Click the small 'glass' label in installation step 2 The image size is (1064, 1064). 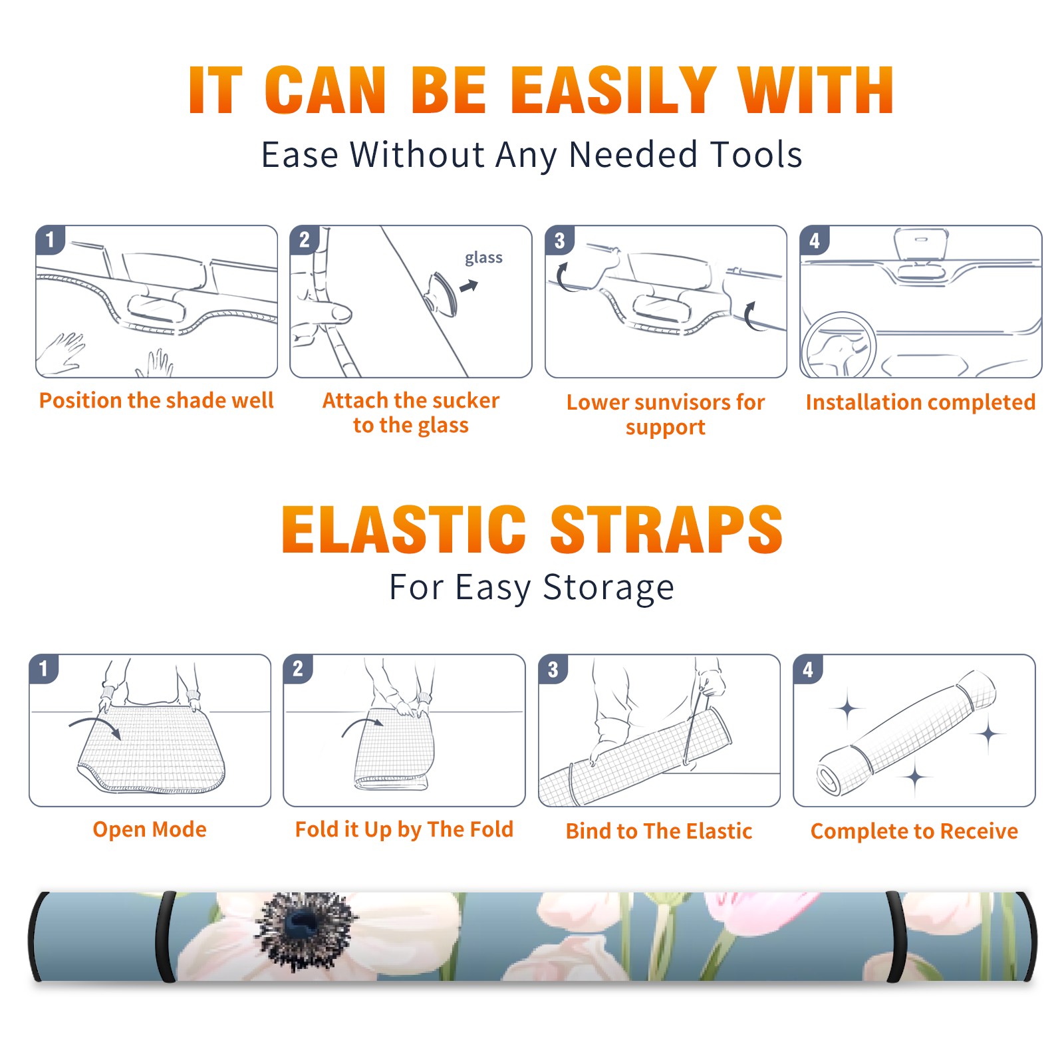[483, 258]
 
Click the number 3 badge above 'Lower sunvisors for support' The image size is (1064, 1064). [559, 240]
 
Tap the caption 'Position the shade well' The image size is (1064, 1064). [156, 400]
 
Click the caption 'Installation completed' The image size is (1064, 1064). [920, 402]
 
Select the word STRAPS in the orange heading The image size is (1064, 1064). [666, 529]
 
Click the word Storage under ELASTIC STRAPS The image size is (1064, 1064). [608, 588]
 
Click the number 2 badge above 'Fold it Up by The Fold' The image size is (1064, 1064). [297, 668]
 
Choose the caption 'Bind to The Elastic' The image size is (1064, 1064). [659, 831]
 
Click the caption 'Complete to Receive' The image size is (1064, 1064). [914, 831]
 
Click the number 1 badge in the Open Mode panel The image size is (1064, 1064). [43, 668]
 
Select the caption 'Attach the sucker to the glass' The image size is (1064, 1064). [411, 413]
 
